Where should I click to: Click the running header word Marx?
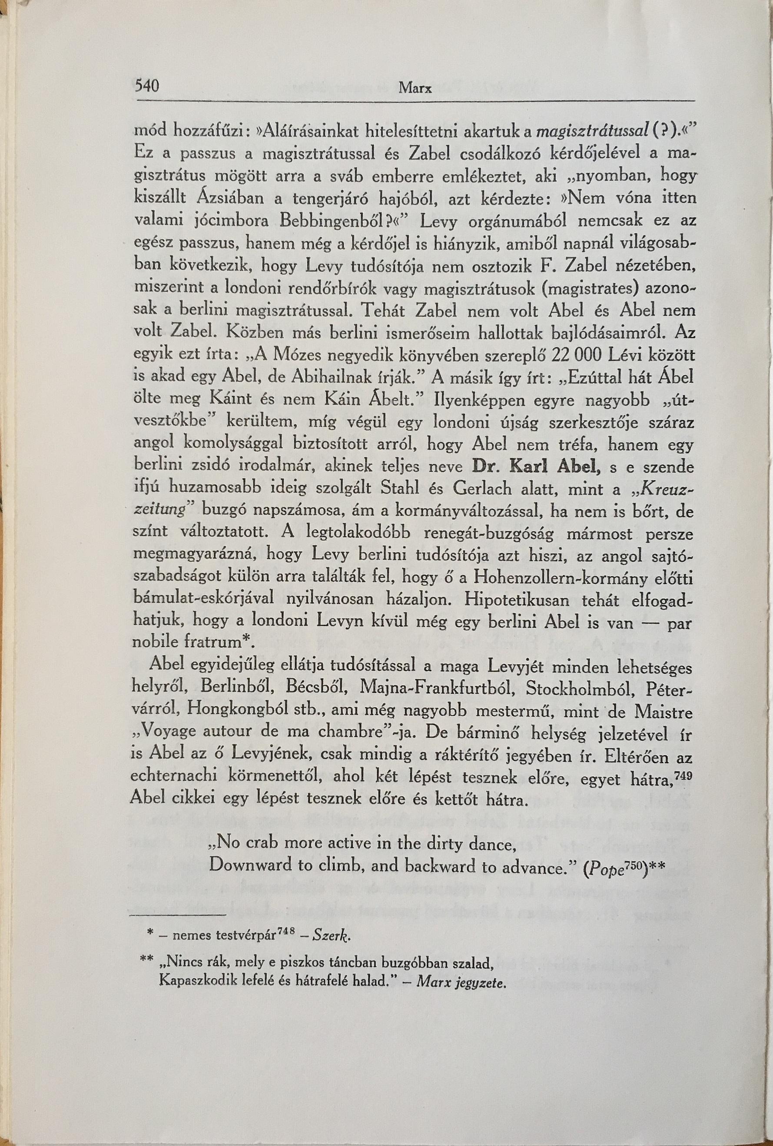415,89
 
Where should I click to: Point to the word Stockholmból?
583,688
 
